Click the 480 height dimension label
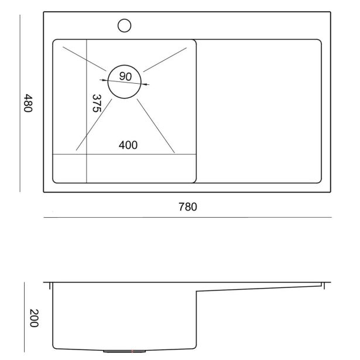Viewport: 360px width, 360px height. coord(28,103)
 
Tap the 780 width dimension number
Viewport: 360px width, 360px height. coord(187,207)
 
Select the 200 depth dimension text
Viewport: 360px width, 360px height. coord(34,318)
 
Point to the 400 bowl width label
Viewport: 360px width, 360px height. coord(128,145)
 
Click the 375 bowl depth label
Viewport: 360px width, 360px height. coord(97,103)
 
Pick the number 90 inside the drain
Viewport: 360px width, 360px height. coord(125,76)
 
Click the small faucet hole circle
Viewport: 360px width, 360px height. coord(125,26)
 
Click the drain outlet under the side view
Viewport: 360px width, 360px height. coord(125,351)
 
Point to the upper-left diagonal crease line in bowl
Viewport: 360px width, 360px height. coord(84,59)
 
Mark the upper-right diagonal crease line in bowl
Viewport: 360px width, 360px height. coord(165,60)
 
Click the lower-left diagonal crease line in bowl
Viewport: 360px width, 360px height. coord(94,125)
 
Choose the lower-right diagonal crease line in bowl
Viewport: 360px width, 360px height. coord(156,126)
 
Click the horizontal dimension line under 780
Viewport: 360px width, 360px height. coord(187,217)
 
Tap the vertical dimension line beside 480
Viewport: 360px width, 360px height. coord(20,103)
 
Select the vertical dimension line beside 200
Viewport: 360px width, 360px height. coord(25,317)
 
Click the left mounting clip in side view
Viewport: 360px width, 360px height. coord(50,286)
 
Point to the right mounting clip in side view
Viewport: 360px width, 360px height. coord(324,286)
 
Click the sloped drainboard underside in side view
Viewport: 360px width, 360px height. coord(259,289)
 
